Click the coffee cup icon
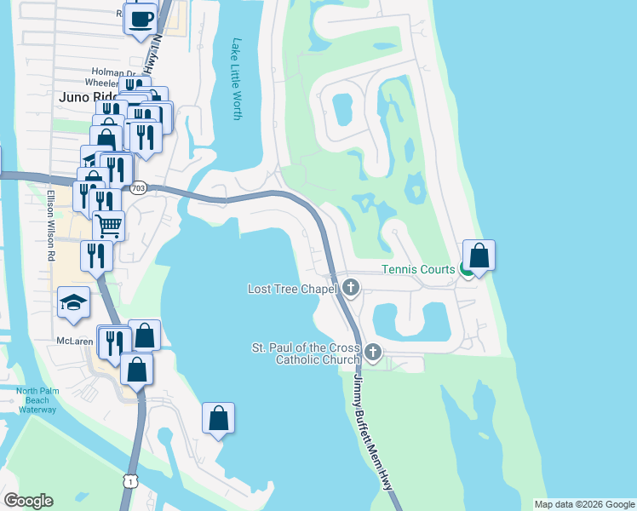pyautogui.click(x=141, y=16)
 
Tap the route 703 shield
pyautogui.click(x=138, y=187)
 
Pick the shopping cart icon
pyautogui.click(x=108, y=226)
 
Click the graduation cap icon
pyautogui.click(x=74, y=301)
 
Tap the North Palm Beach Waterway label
pyautogui.click(x=36, y=400)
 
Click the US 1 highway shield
pyautogui.click(x=129, y=481)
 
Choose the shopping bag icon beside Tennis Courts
pyautogui.click(x=479, y=255)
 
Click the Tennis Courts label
pyautogui.click(x=418, y=269)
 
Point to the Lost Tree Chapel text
pyautogui.click(x=293, y=289)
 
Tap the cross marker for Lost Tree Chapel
pyautogui.click(x=350, y=289)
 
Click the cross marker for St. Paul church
pyautogui.click(x=372, y=352)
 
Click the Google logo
pyautogui.click(x=28, y=501)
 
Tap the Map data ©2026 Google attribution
pyautogui.click(x=583, y=504)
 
